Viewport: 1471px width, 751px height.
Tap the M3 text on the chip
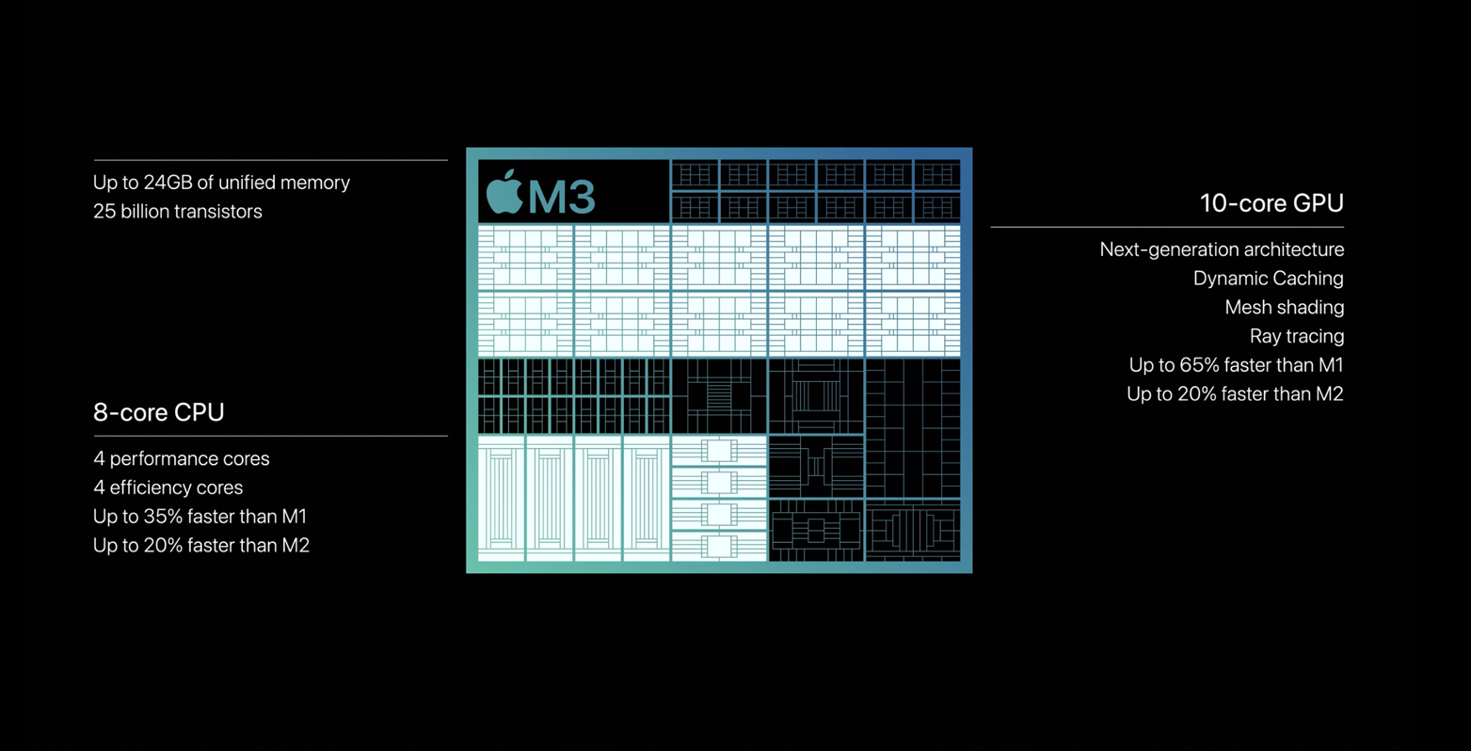(562, 197)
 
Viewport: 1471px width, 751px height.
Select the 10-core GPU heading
(1271, 203)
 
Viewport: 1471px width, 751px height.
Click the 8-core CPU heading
(159, 411)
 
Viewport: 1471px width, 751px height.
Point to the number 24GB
(168, 182)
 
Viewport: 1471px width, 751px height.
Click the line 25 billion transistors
(177, 211)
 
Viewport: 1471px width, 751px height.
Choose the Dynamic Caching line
(1268, 279)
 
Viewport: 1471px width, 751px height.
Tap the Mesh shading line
(1285, 307)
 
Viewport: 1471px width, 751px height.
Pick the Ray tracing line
(1296, 336)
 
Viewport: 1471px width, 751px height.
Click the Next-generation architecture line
(1222, 249)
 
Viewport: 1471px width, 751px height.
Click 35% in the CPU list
(163, 516)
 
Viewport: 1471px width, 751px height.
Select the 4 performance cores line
(182, 458)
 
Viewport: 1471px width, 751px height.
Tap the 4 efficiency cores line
(168, 487)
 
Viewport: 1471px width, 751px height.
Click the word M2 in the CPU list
(296, 545)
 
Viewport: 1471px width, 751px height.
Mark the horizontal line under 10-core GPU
(1167, 227)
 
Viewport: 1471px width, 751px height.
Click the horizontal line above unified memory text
(270, 160)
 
